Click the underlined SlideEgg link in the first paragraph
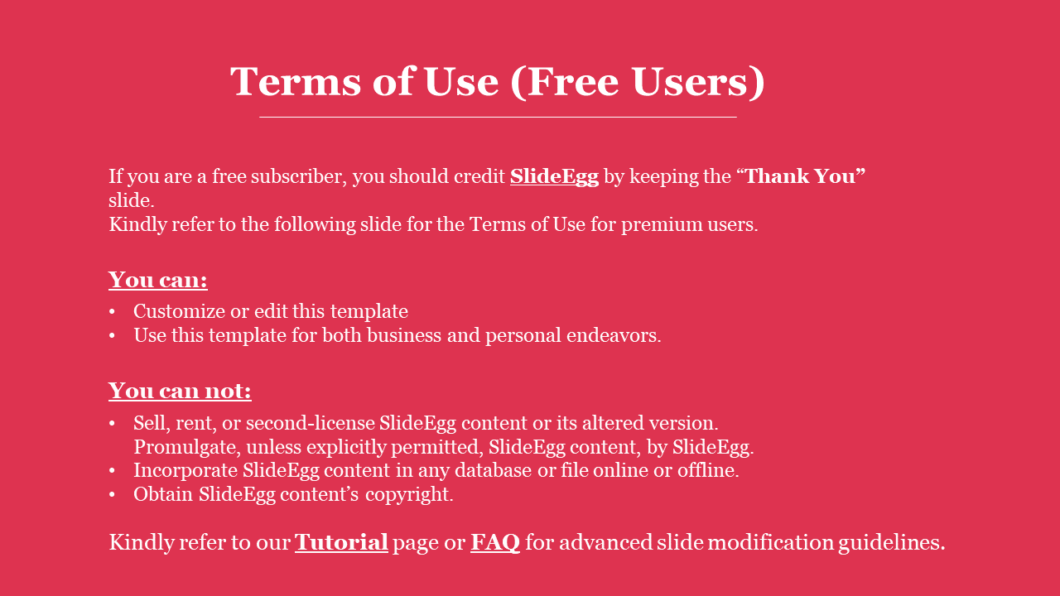pos(554,177)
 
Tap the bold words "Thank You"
pos(801,176)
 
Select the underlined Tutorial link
pos(341,542)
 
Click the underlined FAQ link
pos(495,542)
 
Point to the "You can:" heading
pos(158,280)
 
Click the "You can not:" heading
pos(180,391)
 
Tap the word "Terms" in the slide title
pos(296,82)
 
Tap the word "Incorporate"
pos(185,471)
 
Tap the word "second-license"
pos(311,423)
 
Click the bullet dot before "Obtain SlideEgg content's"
pos(112,495)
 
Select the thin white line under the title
pos(498,117)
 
